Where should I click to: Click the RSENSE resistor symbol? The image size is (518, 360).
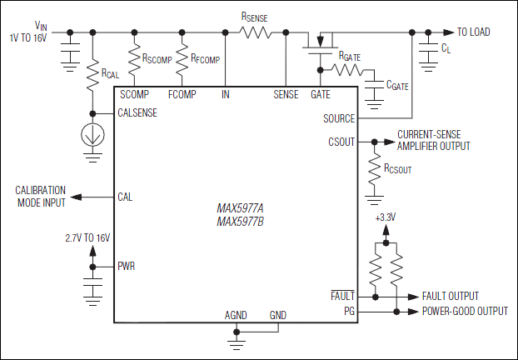click(256, 32)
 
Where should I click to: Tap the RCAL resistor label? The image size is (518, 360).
click(111, 74)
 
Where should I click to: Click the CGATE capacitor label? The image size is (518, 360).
click(397, 85)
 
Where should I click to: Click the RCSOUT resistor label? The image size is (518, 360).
click(398, 168)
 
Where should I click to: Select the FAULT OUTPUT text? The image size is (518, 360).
click(451, 296)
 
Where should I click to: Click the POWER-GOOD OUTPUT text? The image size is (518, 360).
click(465, 312)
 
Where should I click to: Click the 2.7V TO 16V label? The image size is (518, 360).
click(87, 238)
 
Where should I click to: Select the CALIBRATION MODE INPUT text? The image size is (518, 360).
click(40, 197)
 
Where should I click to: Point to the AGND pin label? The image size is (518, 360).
click(237, 315)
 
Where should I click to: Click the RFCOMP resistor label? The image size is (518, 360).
click(205, 59)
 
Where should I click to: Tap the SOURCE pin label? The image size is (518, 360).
click(338, 118)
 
